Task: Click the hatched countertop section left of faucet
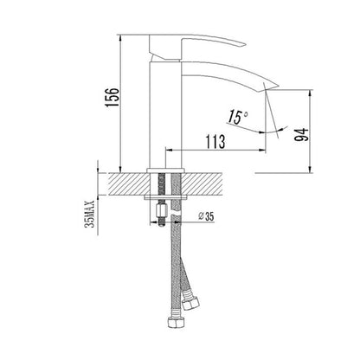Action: coord(126,184)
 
